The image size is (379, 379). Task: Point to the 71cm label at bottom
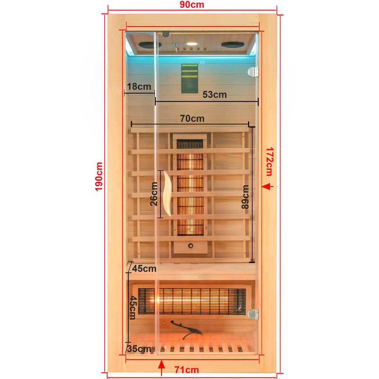click(x=186, y=370)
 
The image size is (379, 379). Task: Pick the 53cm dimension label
click(x=215, y=94)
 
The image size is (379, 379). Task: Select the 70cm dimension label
click(x=192, y=118)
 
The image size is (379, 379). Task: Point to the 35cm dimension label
click(x=139, y=349)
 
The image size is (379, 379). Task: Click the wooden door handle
click(x=167, y=194)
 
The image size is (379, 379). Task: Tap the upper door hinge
click(x=253, y=72)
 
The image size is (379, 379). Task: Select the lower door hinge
click(x=253, y=314)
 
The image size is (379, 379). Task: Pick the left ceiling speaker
click(x=150, y=45)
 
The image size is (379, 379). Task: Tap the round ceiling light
click(x=191, y=44)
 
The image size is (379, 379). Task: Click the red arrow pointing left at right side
click(x=268, y=187)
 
